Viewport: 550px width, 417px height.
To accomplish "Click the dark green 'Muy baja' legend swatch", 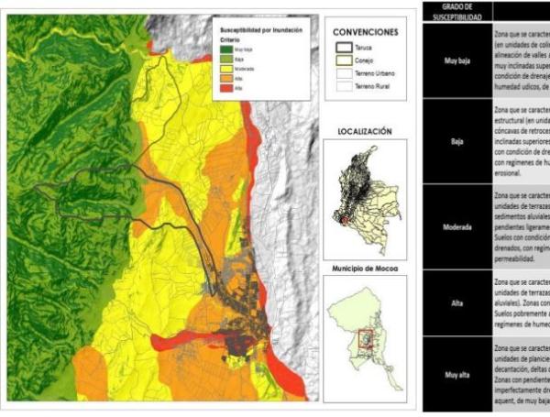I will point(226,49).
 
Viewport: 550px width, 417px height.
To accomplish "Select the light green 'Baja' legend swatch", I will point(226,59).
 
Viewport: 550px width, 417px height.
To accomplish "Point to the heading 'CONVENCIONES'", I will point(366,32).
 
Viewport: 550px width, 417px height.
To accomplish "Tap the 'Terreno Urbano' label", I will point(375,73).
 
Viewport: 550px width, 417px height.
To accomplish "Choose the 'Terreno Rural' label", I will point(372,86).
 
